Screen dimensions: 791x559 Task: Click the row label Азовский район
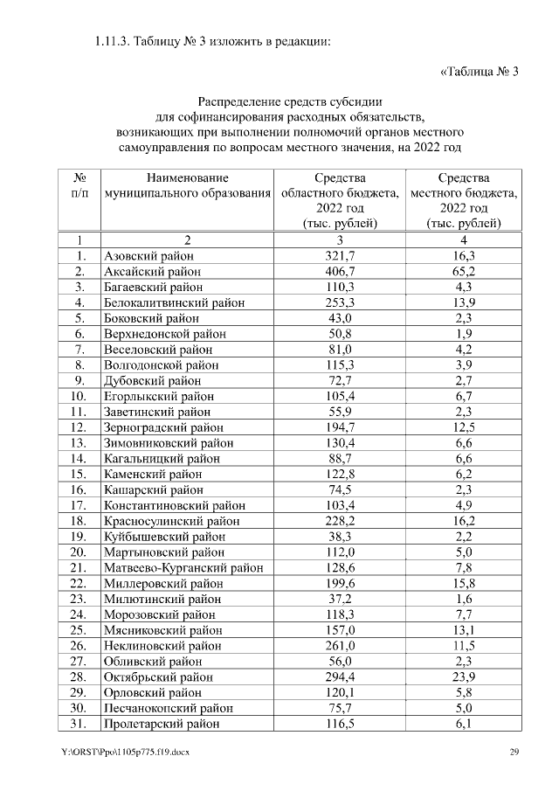click(148, 255)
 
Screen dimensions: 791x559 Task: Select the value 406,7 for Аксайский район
click(340, 271)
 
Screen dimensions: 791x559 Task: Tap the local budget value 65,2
click(464, 271)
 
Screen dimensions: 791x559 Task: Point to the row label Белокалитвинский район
click(174, 302)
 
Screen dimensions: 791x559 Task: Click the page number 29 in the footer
click(515, 753)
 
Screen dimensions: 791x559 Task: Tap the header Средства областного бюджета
click(340, 200)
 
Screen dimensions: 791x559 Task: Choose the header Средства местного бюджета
click(464, 200)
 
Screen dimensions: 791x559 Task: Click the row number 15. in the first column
click(79, 475)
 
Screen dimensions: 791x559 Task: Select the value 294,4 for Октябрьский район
click(340, 677)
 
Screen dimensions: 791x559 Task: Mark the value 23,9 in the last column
click(464, 677)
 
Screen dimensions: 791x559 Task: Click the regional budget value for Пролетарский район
click(340, 725)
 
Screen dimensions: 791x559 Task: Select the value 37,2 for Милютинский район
click(340, 600)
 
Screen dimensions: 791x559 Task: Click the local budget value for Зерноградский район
click(464, 427)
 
